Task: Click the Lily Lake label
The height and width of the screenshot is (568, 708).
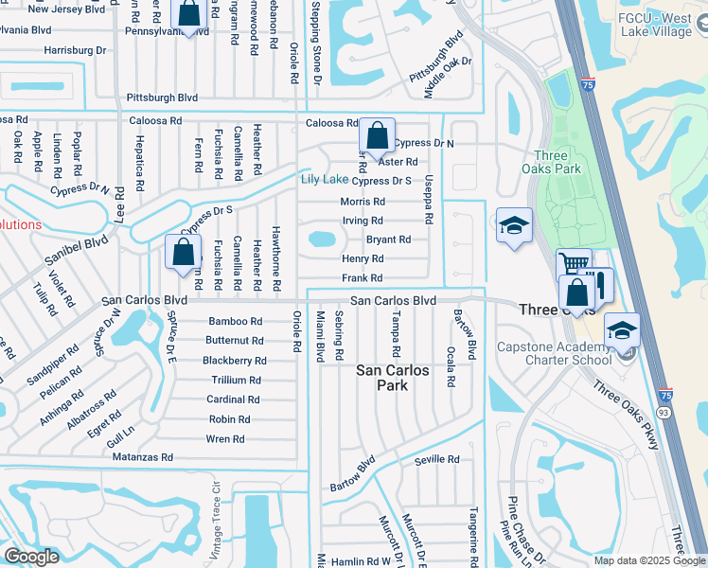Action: tap(324, 180)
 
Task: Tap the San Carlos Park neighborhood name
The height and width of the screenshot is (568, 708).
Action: tap(394, 379)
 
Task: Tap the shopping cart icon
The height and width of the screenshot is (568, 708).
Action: tap(573, 264)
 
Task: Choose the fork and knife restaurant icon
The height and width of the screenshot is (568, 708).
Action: tap(598, 283)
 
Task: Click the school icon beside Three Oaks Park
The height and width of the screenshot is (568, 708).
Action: tap(514, 225)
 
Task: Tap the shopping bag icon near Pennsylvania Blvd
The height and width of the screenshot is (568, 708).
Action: tap(189, 14)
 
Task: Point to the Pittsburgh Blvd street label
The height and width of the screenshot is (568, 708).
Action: tap(162, 98)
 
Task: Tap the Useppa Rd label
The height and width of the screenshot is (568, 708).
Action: tap(429, 200)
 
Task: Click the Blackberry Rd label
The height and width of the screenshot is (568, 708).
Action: tap(235, 361)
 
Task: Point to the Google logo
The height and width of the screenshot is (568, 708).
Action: tap(31, 556)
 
